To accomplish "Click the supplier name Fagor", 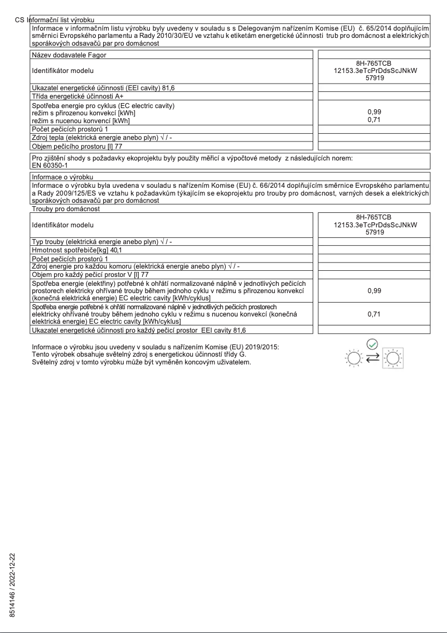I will pyautogui.click(x=95, y=55).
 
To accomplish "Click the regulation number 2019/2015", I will pyautogui.click(x=261, y=348).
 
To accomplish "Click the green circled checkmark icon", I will pyautogui.click(x=373, y=344).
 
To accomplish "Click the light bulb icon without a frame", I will pyautogui.click(x=353, y=357).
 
